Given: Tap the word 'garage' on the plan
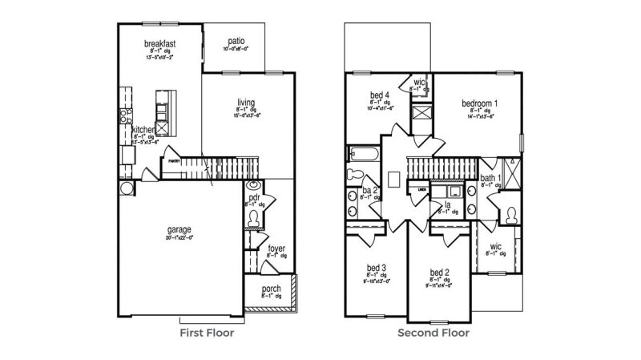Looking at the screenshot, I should tap(179, 229).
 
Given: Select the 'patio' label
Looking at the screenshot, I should tap(236, 40).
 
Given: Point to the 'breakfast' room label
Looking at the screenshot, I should tap(159, 42).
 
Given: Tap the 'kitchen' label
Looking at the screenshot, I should tap(143, 130).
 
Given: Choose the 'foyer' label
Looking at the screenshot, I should tap(276, 249).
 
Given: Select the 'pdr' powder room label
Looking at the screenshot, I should tap(254, 196).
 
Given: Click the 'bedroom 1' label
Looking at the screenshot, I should tap(480, 103).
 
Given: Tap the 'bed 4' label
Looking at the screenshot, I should tap(380, 95).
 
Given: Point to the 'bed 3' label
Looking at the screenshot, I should tap(378, 267).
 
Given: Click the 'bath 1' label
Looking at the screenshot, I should tap(491, 178).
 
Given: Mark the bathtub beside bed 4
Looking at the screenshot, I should tap(358, 154).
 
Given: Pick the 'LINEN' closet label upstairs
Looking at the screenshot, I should tap(421, 189).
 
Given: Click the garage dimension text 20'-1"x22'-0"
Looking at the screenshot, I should tap(179, 237).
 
